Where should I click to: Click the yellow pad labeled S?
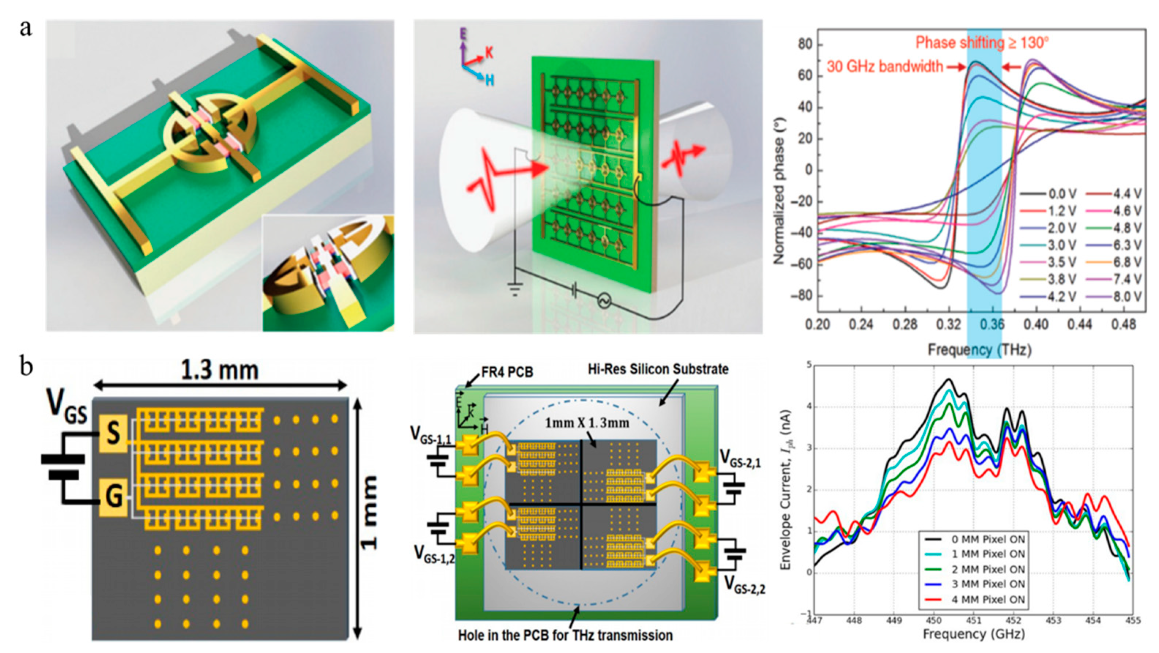click(x=113, y=434)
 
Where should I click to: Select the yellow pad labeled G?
click(x=113, y=497)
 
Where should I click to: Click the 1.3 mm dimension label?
click(x=220, y=371)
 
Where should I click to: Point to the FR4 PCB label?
click(x=507, y=372)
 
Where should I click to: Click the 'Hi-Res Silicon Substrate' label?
click(x=658, y=369)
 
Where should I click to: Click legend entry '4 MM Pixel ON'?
click(x=988, y=600)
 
